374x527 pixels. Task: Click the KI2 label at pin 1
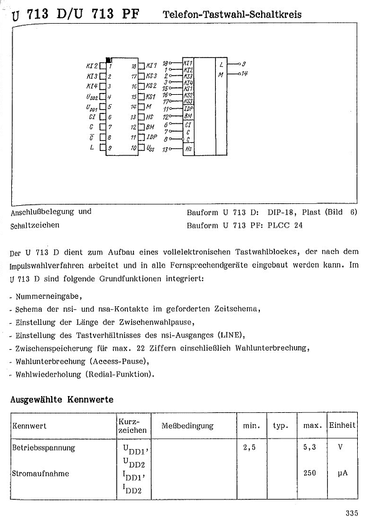pos(91,65)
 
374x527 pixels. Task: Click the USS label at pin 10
pos(150,148)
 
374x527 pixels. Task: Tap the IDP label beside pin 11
pos(151,137)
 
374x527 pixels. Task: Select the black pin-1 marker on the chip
pos(108,60)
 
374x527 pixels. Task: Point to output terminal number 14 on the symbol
pos(244,74)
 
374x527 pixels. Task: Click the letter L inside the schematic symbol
pos(221,64)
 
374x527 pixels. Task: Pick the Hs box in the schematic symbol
pos(188,150)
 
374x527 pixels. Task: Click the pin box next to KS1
pos(141,97)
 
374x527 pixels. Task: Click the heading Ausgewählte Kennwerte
pos(62,399)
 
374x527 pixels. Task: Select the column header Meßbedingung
pos(187,426)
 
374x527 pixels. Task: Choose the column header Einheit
pos(343,425)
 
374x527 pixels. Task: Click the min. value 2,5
pos(250,447)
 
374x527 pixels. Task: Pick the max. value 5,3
pos(310,447)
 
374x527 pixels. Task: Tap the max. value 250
pos(310,473)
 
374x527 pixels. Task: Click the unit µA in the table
pos(342,473)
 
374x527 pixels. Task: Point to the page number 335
pos(351,513)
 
